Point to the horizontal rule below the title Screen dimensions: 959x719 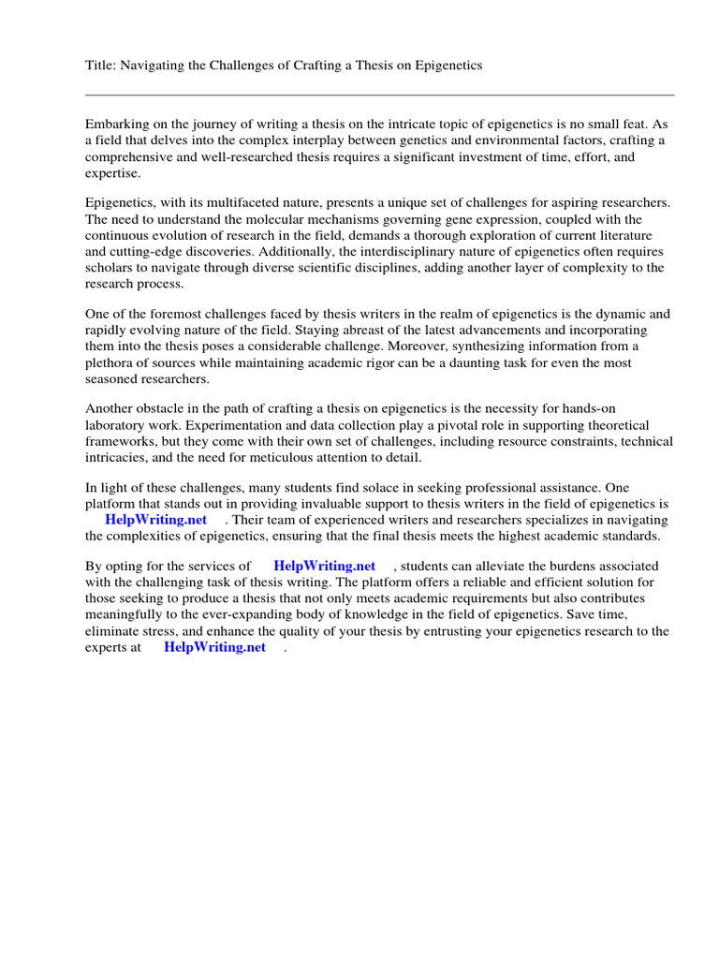click(379, 95)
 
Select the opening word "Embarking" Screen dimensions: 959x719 click(117, 124)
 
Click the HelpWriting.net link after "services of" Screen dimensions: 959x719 click(324, 566)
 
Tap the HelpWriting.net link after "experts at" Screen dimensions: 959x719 click(214, 647)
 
